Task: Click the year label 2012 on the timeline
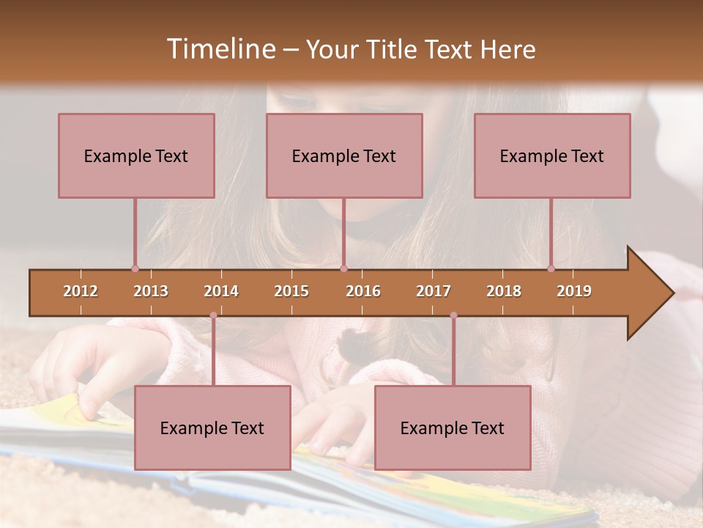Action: [81, 291]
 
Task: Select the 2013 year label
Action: [151, 291]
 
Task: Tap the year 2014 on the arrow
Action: [221, 291]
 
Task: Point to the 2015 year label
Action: [291, 291]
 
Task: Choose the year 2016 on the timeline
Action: [363, 291]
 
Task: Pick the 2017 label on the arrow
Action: [434, 291]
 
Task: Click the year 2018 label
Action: [504, 291]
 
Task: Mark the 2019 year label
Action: [574, 291]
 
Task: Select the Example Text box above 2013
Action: [136, 155]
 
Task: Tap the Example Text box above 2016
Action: [344, 155]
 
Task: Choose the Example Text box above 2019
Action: [552, 155]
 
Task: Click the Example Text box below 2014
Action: [212, 428]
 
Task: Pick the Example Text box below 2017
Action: [453, 428]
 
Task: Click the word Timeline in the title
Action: [220, 49]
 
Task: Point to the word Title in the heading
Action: [393, 50]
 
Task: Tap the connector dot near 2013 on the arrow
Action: [135, 268]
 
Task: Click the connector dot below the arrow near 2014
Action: [213, 315]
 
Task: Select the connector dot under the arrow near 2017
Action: [453, 315]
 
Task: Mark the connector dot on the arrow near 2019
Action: [551, 268]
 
